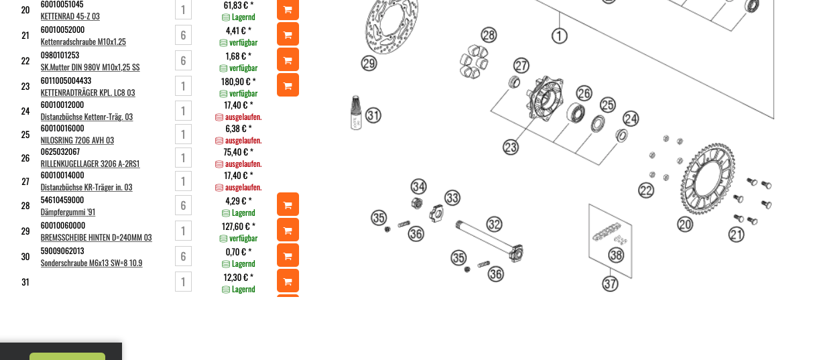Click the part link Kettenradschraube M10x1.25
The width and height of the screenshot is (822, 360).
pos(83,42)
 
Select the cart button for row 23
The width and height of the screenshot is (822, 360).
pos(288,85)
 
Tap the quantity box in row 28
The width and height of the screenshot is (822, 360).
pos(183,205)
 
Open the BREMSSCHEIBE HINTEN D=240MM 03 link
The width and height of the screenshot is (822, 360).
pos(96,237)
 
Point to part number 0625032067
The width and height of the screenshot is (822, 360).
pos(60,152)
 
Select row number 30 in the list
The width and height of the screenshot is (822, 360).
pos(25,257)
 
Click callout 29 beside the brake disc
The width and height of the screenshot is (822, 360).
pos(369,64)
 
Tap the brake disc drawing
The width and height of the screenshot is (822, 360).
pos(392,25)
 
